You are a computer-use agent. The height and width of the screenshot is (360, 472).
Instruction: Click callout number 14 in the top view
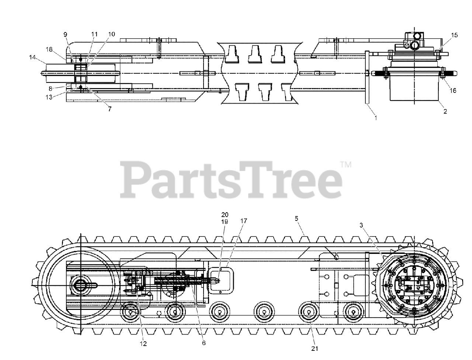tap(32, 57)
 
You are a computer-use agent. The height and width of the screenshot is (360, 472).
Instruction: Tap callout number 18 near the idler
tap(49, 49)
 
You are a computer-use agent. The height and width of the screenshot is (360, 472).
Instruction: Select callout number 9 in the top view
tap(65, 34)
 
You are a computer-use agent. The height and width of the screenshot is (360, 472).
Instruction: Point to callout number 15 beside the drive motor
tap(454, 35)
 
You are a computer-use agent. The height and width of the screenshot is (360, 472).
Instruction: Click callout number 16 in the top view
tap(453, 90)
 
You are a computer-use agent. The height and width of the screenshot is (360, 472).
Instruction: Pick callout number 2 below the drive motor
tap(445, 112)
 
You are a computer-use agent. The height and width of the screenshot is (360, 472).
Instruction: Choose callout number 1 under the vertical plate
tap(376, 118)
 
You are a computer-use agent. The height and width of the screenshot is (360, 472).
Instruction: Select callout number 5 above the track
tap(296, 218)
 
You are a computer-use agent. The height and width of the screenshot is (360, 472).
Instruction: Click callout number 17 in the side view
tap(243, 221)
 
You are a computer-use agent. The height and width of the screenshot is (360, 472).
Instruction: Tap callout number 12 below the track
tap(143, 343)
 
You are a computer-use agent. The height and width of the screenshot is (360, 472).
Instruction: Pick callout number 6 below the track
tap(204, 343)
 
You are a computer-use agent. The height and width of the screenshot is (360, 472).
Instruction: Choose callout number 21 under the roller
tap(315, 348)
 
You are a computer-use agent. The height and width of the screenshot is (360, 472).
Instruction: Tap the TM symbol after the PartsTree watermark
tap(346, 165)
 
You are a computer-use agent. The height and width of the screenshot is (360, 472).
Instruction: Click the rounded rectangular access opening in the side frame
tap(221, 280)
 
